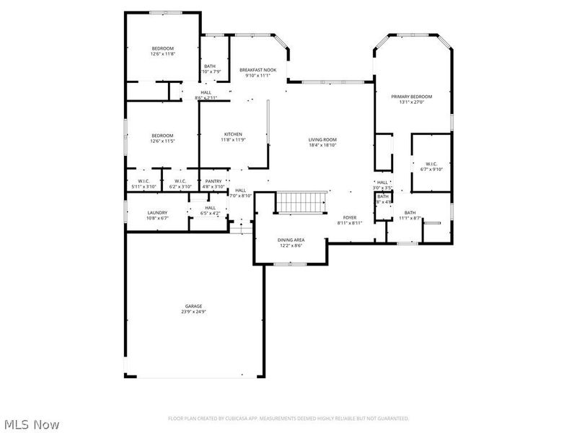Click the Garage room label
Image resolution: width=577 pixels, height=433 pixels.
pos(193,306)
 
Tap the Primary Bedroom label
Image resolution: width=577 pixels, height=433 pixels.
pos(411,96)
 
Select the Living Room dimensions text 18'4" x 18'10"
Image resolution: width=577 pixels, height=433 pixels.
pos(322,145)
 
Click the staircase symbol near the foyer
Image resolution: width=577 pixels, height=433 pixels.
pos(302,203)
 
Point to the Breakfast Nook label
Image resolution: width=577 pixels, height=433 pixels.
pos(257,69)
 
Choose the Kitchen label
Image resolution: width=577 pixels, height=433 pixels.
pos(232,134)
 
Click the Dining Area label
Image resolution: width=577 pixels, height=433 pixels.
pos(291,240)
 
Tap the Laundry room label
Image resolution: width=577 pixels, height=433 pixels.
pos(157,212)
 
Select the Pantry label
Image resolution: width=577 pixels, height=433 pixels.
pos(213,181)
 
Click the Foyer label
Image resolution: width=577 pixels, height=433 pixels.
pos(350,217)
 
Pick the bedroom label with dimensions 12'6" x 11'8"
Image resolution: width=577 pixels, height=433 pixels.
pos(162,48)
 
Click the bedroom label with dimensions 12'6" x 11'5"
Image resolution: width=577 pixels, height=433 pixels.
pos(162,135)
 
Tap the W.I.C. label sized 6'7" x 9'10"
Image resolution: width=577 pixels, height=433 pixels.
pos(431,164)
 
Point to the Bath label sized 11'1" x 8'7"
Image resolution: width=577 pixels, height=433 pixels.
pos(410,212)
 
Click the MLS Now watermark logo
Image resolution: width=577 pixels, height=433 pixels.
pos(31,424)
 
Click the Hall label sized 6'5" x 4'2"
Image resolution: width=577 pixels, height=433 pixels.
pos(210,208)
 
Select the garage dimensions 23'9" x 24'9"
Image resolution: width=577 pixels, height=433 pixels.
pos(193,312)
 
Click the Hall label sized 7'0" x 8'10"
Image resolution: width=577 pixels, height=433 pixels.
pos(240,191)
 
